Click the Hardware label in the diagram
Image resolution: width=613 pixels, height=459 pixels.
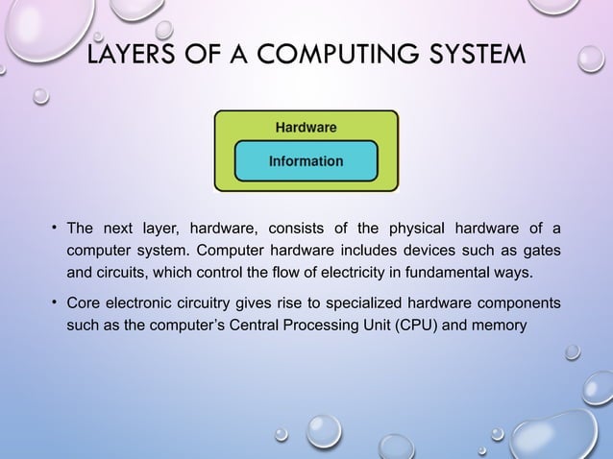click(306, 126)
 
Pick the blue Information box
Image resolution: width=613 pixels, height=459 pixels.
click(306, 161)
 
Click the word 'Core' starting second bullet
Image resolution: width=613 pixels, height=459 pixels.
click(82, 305)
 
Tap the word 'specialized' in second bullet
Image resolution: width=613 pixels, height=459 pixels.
click(365, 305)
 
